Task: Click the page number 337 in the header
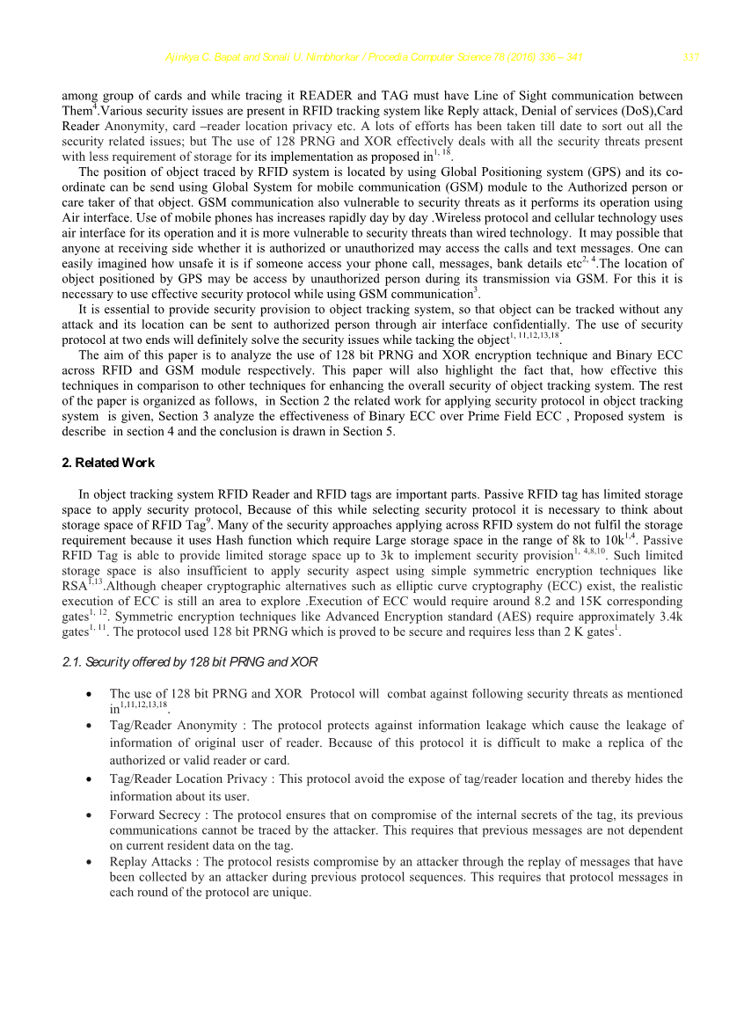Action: [x=690, y=58]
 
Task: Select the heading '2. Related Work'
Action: [x=108, y=463]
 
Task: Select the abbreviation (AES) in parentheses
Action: [x=477, y=616]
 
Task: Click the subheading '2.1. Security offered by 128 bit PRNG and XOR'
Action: [x=190, y=661]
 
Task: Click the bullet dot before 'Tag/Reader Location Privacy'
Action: [x=90, y=779]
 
